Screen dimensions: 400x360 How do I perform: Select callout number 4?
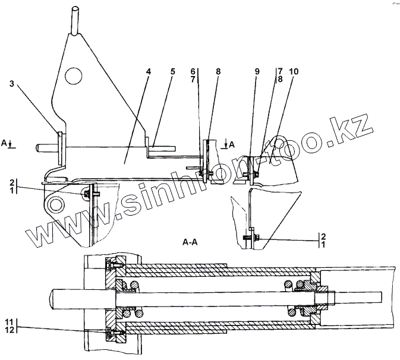pyautogui.click(x=149, y=71)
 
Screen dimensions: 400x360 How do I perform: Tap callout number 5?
pyautogui.click(x=172, y=71)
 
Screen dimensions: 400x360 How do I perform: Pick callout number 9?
pyautogui.click(x=257, y=71)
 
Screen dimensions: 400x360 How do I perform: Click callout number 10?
pyautogui.click(x=294, y=71)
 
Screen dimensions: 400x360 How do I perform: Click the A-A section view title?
pyautogui.click(x=191, y=243)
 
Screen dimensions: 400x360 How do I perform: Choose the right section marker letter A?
pyautogui.click(x=231, y=144)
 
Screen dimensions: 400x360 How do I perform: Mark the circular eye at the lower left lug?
pyautogui.click(x=55, y=204)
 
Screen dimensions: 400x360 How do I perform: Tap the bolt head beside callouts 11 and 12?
pyautogui.click(x=108, y=331)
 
